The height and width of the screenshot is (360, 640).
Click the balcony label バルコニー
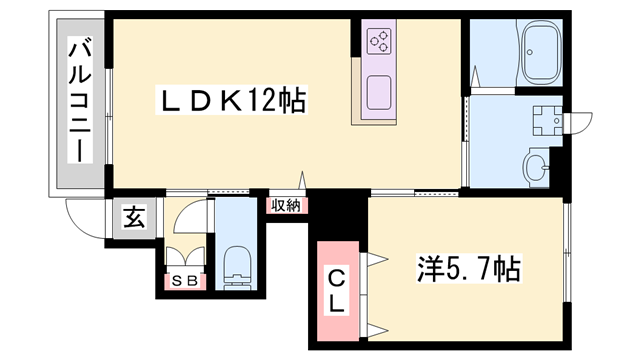[77, 100]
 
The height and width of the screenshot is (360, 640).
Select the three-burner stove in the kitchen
[379, 40]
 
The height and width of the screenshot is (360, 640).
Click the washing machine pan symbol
[546, 120]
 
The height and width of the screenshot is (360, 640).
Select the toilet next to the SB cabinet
[237, 262]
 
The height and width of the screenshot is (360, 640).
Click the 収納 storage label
[286, 205]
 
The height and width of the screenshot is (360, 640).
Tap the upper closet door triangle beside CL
[376, 260]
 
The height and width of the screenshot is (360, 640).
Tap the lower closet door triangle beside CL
[376, 327]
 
